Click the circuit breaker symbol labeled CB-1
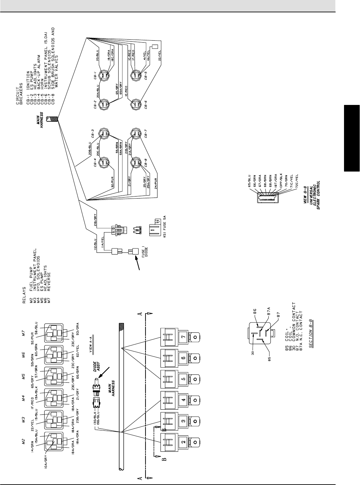(x=104, y=75)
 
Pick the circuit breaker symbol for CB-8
(x=136, y=162)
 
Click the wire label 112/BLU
(x=95, y=243)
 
